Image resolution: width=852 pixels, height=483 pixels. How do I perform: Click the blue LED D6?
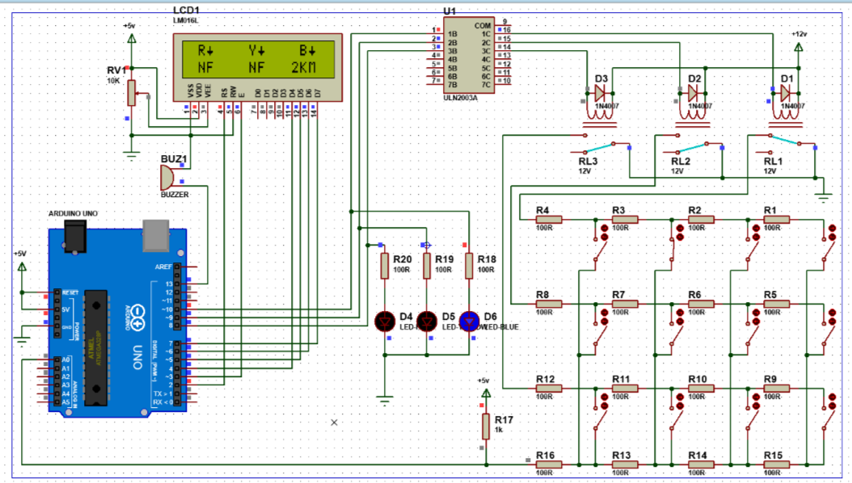point(468,321)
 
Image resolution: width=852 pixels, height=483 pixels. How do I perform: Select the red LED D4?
point(385,321)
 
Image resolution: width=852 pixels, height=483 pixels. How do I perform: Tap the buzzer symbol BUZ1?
point(168,176)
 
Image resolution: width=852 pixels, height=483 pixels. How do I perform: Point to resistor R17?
point(486,426)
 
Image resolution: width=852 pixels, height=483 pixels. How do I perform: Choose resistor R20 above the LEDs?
point(385,266)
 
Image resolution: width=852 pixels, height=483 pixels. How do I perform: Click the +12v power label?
point(799,35)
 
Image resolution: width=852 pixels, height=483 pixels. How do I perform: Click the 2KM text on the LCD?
point(306,66)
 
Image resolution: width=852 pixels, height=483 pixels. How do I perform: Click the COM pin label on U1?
point(483,26)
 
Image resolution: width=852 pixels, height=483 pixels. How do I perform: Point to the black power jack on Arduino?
point(77,237)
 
